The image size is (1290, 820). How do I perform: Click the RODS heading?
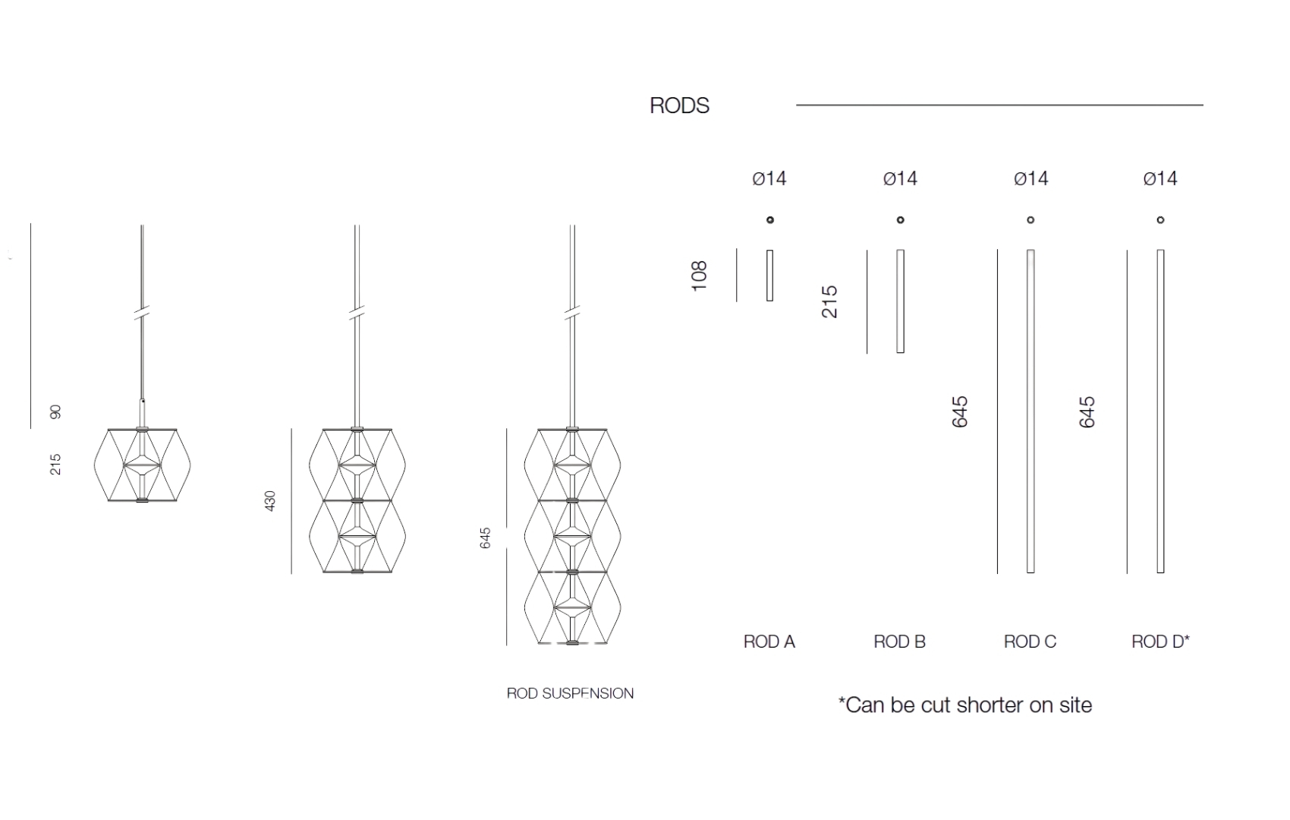680,106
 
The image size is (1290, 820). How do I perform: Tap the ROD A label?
769,642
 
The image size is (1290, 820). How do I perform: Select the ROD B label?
899,642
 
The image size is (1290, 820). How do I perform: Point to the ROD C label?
1030,642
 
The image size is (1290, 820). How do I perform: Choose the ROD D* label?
1160,642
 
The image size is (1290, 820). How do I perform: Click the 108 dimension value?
699,276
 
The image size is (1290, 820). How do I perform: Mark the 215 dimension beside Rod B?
829,301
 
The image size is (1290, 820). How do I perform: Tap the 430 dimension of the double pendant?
270,501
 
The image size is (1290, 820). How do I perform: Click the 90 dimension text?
55,412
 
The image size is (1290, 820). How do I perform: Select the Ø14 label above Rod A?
769,178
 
